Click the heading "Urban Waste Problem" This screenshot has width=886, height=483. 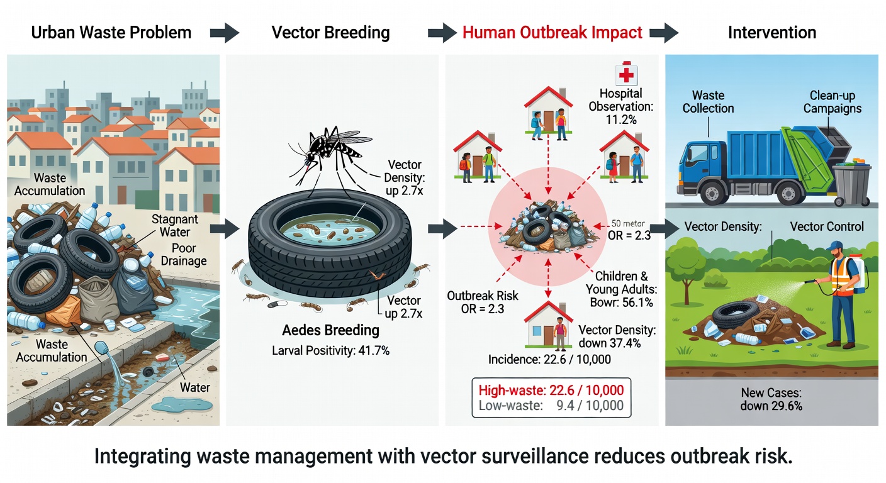[x=111, y=33]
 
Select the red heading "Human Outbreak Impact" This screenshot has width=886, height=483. [x=552, y=33]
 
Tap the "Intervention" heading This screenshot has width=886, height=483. [x=771, y=33]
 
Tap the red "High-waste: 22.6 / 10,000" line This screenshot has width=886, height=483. [x=551, y=390]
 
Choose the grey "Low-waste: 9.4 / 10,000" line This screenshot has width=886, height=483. [x=551, y=406]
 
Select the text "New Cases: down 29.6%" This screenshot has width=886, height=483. [x=771, y=399]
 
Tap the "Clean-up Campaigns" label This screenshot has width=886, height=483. [x=832, y=102]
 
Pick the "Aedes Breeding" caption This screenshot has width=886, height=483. [x=331, y=330]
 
